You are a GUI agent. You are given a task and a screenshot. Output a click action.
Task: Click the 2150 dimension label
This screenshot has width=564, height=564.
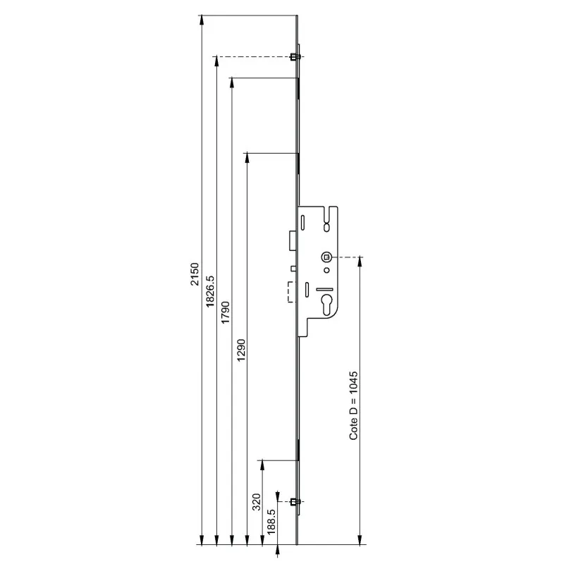pyautogui.click(x=195, y=274)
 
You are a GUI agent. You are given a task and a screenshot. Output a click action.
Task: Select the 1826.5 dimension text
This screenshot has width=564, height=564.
pyautogui.click(x=209, y=291)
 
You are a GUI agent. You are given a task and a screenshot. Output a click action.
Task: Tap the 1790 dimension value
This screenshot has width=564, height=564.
pyautogui.click(x=225, y=312)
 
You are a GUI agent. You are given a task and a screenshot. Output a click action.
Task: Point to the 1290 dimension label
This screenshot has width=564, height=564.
pyautogui.click(x=241, y=350)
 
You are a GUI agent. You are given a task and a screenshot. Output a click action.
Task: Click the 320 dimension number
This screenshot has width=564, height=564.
pyautogui.click(x=257, y=502)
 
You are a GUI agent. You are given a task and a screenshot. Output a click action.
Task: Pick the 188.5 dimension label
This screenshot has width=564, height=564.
pyautogui.click(x=271, y=521)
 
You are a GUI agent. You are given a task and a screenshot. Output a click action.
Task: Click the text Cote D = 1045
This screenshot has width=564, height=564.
pyautogui.click(x=354, y=405)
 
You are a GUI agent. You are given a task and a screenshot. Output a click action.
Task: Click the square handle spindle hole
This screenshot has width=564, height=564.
pyautogui.click(x=326, y=257)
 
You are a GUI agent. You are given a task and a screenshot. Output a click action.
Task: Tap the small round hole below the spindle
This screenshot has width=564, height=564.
pyautogui.click(x=326, y=270)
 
